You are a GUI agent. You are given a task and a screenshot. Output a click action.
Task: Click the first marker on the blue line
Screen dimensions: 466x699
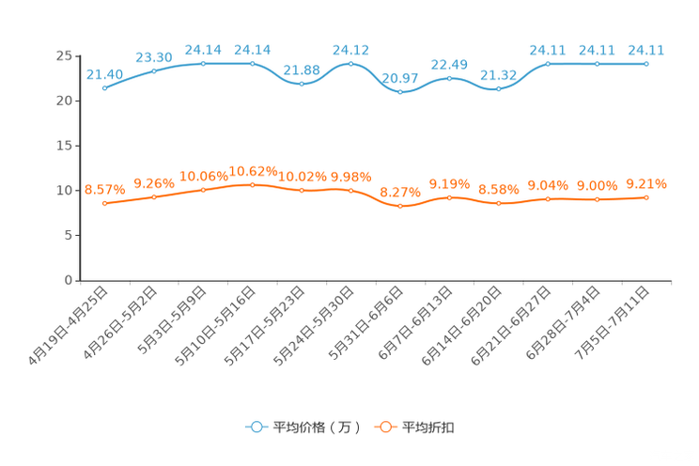point(104,87)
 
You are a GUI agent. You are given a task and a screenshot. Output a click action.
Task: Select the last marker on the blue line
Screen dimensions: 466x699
point(646,63)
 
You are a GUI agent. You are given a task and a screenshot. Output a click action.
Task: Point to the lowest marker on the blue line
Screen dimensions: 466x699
point(400,92)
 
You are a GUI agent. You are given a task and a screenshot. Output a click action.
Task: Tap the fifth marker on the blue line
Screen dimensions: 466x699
point(302,85)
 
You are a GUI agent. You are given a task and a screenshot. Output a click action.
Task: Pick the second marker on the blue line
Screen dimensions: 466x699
point(154,70)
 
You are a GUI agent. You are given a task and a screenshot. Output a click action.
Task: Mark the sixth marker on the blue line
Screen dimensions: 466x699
point(351,63)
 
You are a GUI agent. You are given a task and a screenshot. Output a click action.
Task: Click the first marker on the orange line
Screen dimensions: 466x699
point(104,203)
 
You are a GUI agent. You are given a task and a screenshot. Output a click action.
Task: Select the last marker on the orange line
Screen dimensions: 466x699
point(646,197)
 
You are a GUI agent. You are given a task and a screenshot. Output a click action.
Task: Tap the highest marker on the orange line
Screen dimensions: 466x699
point(253,184)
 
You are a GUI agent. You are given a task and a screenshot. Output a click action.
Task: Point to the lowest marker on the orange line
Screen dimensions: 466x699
point(400,206)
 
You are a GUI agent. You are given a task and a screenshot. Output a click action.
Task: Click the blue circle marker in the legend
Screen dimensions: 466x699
point(255,427)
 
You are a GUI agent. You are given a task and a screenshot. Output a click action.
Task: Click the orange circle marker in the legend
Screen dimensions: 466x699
point(384,427)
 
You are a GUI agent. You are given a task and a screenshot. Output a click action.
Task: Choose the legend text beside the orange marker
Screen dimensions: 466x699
point(428,427)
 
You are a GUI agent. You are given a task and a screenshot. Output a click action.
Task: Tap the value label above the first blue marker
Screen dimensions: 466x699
point(104,73)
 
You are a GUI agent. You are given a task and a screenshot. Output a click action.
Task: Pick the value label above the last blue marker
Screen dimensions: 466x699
point(646,49)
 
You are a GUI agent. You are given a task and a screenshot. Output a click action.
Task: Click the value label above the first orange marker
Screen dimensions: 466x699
point(104,189)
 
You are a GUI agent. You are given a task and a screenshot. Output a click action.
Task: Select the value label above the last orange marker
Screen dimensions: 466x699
point(646,183)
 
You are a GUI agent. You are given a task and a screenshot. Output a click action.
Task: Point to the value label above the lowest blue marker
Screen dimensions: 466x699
point(400,77)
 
